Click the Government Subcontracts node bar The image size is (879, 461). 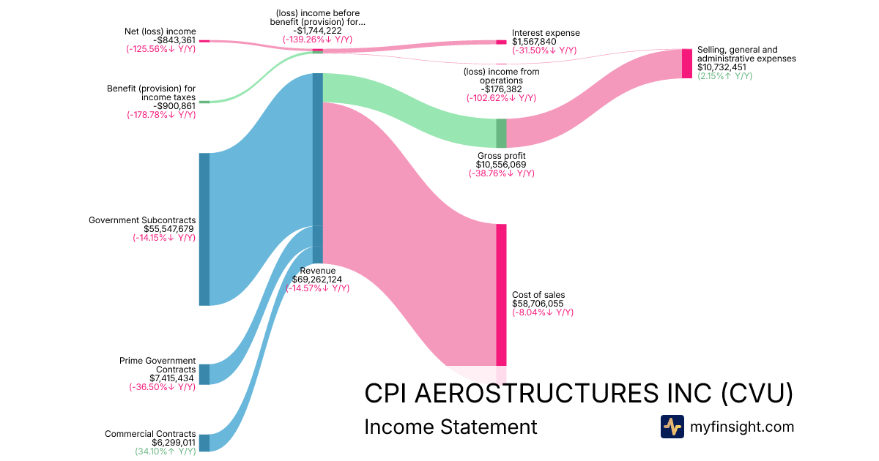204,229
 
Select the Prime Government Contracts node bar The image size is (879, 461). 204,374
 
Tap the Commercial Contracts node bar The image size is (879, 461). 204,443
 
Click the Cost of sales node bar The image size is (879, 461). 501,294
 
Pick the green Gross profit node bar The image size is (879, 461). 501,133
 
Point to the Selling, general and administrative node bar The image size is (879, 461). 687,64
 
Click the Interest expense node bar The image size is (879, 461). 501,42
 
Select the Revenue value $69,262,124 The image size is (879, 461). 318,279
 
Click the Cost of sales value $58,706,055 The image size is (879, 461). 538,303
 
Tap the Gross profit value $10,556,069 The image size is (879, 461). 501,165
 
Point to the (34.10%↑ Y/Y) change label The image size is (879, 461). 165,451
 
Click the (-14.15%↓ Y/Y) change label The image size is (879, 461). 164,237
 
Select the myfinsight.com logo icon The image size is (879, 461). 672,427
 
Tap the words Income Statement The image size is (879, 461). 450,427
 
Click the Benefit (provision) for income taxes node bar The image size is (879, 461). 204,102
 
